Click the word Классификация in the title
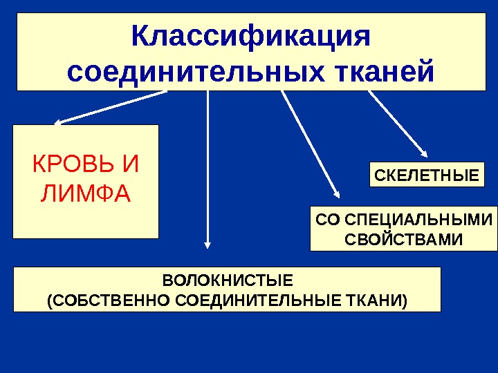tap(251, 37)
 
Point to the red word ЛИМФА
tap(86, 195)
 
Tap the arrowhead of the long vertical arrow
tap(207, 242)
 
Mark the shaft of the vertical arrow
tap(207, 166)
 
